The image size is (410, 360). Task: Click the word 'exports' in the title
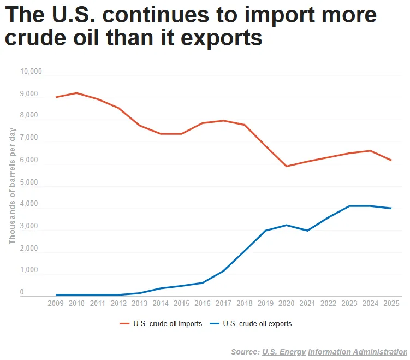(x=221, y=38)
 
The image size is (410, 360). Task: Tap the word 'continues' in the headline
(x=156, y=15)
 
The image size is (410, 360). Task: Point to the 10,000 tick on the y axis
(x=31, y=71)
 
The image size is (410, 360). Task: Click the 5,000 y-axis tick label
(x=29, y=182)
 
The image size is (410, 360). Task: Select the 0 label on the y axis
(x=22, y=292)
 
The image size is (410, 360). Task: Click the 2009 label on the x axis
(x=56, y=303)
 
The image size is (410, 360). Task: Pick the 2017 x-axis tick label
(x=223, y=303)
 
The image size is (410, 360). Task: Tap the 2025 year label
(x=391, y=303)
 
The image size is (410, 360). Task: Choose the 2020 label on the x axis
(x=286, y=303)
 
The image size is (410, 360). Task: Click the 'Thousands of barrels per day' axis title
(x=12, y=186)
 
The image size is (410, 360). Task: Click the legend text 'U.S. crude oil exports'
(x=257, y=323)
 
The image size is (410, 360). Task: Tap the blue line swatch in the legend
(x=215, y=324)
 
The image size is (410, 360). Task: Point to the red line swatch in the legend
(x=124, y=324)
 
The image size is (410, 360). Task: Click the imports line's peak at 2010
(x=76, y=93)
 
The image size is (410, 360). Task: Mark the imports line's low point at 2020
(x=287, y=166)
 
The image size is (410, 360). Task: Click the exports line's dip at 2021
(x=307, y=231)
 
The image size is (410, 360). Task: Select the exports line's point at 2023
(x=349, y=206)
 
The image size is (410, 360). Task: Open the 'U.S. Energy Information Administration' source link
(x=335, y=352)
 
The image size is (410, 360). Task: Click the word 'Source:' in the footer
(x=245, y=352)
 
